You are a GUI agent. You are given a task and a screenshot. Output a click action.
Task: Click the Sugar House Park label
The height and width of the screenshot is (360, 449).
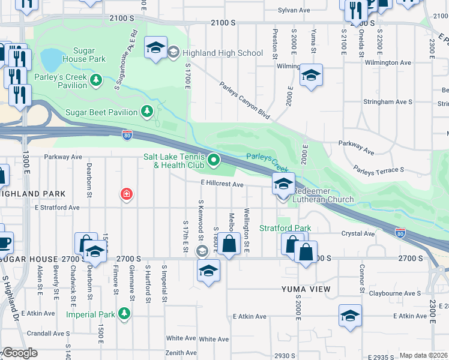point(89,55)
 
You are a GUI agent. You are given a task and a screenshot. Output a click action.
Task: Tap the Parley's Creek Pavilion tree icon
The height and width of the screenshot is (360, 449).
point(95,79)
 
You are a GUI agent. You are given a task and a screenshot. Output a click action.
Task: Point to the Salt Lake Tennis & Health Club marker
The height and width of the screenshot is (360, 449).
point(214,160)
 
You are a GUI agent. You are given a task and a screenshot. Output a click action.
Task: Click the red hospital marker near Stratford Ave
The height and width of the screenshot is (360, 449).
point(127,194)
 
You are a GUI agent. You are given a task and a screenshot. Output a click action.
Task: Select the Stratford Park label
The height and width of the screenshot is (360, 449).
point(285,228)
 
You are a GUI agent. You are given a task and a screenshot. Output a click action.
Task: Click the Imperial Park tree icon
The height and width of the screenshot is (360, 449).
point(124,313)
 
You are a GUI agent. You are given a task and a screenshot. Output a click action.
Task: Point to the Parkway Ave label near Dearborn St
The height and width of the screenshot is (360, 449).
point(63,157)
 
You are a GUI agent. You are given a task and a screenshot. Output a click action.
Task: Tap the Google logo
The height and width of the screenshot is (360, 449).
point(20,353)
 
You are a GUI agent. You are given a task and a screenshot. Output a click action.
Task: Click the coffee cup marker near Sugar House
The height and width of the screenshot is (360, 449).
point(4,242)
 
